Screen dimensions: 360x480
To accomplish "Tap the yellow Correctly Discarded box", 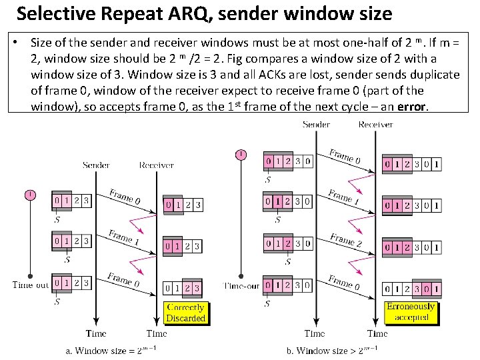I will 185,313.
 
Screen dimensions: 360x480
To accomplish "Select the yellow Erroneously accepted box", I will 411,312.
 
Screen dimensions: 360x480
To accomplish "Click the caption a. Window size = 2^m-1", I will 110,350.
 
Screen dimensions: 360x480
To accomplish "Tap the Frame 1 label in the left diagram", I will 125,237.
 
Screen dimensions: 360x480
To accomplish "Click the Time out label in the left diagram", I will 30,285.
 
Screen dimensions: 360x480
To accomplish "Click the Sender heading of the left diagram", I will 96,165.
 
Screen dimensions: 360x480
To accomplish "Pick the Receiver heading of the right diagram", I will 375,125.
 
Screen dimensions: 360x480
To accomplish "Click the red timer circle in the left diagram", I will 30,195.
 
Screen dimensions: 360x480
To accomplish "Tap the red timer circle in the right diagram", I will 241,155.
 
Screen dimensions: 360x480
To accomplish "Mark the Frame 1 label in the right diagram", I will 344,198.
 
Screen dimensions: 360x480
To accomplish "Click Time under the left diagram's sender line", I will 96,333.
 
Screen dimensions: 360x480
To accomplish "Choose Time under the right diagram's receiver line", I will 377,333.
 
